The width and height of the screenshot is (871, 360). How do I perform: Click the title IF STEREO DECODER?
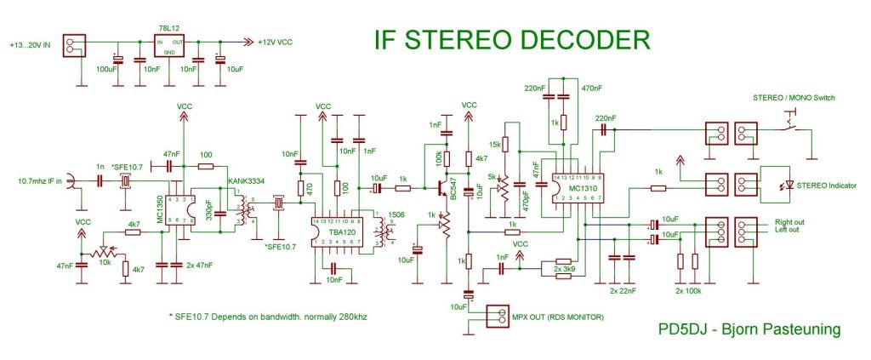click(513, 40)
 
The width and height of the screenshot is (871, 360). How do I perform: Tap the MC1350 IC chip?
click(175, 209)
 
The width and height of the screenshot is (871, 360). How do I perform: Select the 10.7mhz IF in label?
click(41, 180)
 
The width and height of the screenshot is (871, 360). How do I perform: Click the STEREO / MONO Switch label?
click(792, 98)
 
